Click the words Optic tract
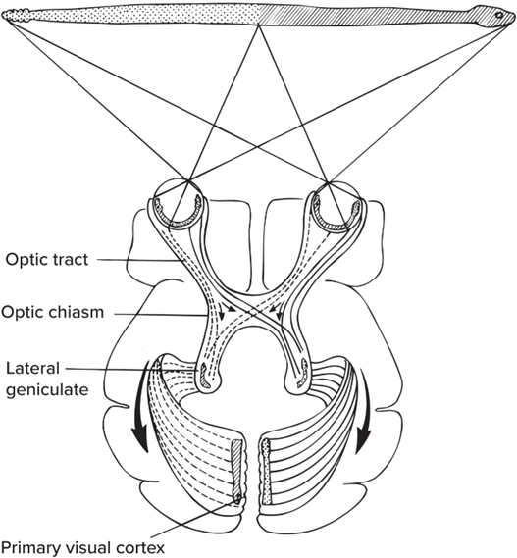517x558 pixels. pos(47,260)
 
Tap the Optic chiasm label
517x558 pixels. pos(52,312)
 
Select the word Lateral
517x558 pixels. pos(32,368)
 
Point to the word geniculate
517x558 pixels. pos(47,390)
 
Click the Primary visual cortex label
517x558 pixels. pos(82,548)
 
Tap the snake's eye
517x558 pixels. pos(499,15)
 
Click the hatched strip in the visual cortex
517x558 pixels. pos(237,471)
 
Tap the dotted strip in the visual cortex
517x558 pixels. pos(266,471)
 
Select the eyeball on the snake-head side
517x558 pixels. pos(336,205)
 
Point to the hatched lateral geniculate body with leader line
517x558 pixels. pos(204,376)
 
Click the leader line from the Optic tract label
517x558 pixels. pos(140,260)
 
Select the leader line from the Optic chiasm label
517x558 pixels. pos(161,314)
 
